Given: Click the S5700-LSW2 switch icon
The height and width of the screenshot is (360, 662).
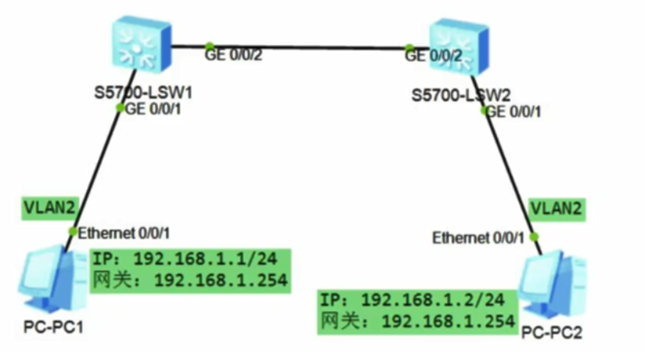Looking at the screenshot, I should tap(459, 45).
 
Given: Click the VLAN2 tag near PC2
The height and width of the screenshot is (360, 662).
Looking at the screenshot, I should tap(556, 208).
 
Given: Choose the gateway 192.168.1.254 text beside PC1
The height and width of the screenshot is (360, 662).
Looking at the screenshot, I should tap(221, 279).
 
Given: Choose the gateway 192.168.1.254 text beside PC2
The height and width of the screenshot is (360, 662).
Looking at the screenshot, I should tap(449, 321).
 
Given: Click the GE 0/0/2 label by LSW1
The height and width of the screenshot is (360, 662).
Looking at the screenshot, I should tap(236, 56).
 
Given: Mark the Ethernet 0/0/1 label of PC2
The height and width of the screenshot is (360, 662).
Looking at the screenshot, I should tap(478, 237).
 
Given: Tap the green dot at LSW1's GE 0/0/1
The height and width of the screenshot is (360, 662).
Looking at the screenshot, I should tap(120, 108).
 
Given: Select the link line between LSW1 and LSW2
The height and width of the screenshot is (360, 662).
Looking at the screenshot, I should tap(305, 47).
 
